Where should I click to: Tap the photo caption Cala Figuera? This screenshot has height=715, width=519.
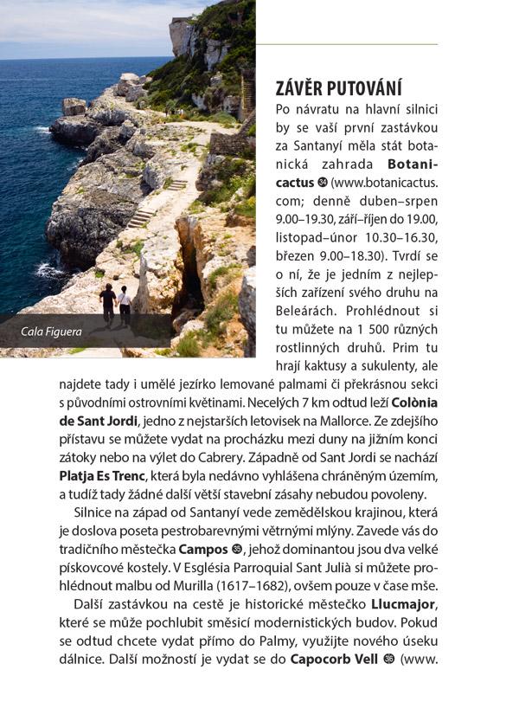52,330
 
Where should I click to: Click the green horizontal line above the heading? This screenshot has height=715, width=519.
346,43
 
